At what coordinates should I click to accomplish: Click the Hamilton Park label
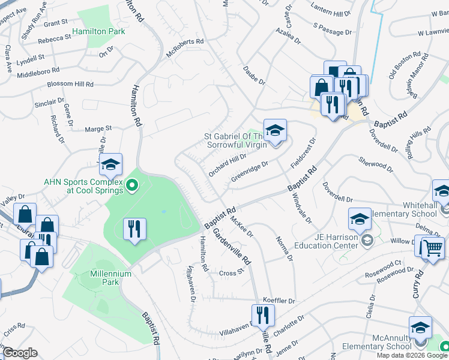coord(99,31)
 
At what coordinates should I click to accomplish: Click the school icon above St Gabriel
coord(275,130)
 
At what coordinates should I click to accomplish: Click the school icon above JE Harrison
coord(360,219)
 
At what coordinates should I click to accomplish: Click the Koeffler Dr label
coord(280,300)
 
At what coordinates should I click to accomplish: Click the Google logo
coord(20,352)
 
